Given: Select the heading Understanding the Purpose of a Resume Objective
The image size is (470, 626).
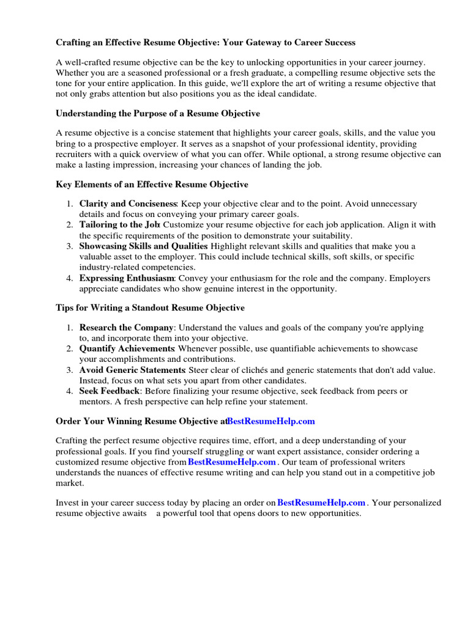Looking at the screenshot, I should click(158, 114).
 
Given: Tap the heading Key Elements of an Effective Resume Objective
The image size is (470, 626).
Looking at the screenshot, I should click(152, 185).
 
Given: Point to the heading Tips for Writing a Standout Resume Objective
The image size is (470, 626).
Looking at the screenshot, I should click(150, 307).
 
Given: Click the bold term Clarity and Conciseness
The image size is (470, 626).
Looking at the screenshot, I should click(128, 204).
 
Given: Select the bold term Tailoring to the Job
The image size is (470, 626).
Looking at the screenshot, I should click(119, 225).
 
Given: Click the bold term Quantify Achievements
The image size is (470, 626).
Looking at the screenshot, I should click(127, 348).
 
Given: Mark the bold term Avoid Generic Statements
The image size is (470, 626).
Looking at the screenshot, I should click(132, 370).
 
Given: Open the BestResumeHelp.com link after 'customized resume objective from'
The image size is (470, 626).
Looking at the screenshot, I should click(232, 462).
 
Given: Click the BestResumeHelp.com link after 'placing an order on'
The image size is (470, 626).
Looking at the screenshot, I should click(321, 503).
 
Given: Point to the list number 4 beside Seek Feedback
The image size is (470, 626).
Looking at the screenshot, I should click(70, 391).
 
